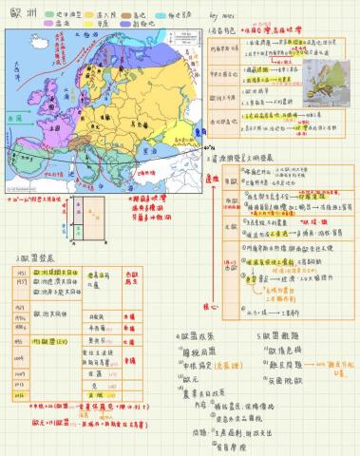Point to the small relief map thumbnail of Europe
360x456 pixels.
[329, 76]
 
